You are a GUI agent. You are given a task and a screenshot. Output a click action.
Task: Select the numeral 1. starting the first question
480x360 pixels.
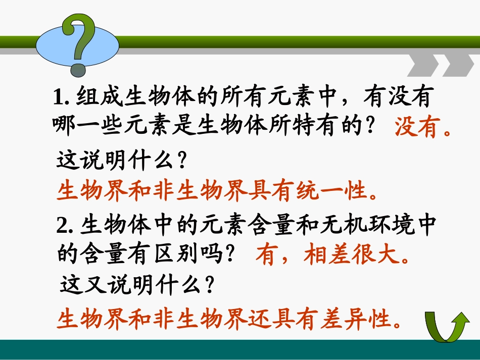tap(61, 97)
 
